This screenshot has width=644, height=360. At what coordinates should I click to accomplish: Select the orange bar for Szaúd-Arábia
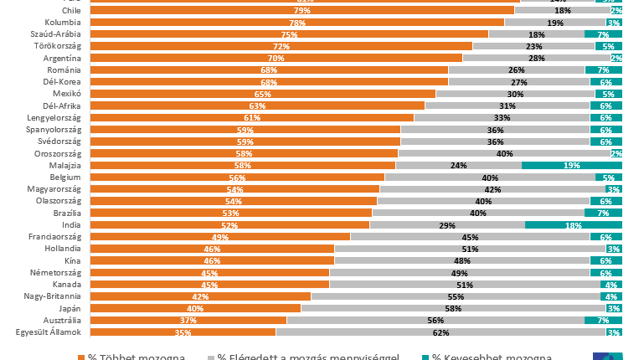[x=288, y=35]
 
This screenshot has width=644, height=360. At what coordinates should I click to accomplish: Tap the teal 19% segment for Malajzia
[x=572, y=166]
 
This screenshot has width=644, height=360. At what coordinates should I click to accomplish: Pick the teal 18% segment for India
[x=574, y=225]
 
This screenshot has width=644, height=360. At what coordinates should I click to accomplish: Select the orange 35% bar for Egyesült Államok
[x=183, y=333]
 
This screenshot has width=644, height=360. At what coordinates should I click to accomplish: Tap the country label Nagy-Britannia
[x=52, y=296]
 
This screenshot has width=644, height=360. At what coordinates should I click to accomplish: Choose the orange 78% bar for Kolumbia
[x=296, y=23]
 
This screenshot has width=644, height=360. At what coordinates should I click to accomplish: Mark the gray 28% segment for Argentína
[x=536, y=59]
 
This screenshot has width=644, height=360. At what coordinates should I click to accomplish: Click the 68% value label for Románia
[x=268, y=70]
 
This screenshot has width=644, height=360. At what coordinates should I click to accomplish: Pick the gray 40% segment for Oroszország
[x=504, y=154]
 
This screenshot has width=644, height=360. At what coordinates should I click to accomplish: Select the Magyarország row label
[x=54, y=189]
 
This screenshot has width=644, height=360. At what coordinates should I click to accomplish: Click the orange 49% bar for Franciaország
[x=219, y=237]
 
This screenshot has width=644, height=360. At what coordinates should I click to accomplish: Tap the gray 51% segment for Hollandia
[x=470, y=249]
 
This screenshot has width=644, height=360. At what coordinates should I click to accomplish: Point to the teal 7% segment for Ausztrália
[x=603, y=321]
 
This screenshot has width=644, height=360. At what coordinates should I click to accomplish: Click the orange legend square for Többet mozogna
[x=81, y=357]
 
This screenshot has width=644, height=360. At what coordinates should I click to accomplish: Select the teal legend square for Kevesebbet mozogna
[x=425, y=357]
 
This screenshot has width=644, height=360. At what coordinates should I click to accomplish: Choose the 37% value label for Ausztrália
[x=188, y=321]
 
